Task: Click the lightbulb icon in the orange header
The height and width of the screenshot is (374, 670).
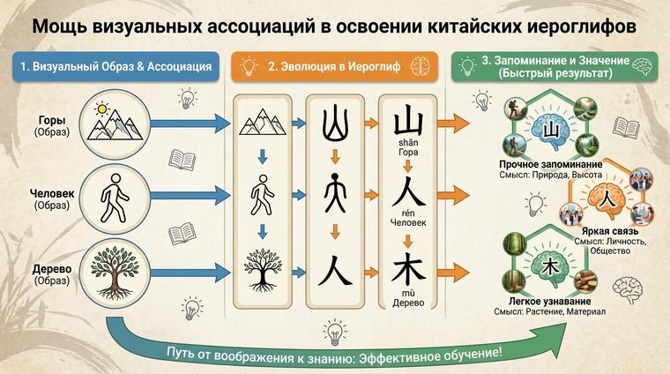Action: tap(249, 65)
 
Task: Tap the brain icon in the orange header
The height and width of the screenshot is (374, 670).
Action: tap(424, 65)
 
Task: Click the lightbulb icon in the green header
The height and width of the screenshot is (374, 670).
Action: tap(467, 65)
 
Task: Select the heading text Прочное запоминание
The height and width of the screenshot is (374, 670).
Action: tap(550, 164)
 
